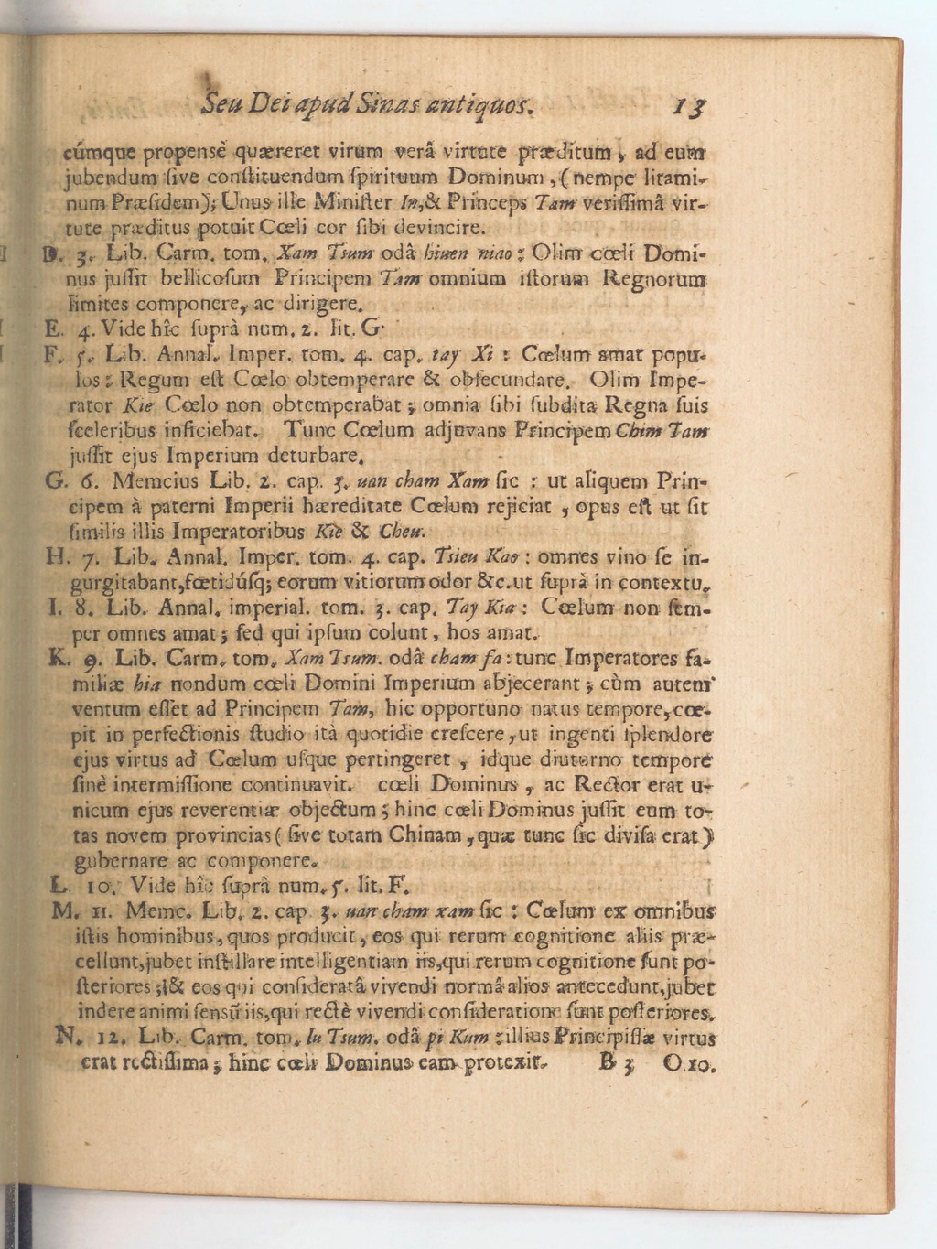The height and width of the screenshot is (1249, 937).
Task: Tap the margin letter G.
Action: [x=54, y=481]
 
